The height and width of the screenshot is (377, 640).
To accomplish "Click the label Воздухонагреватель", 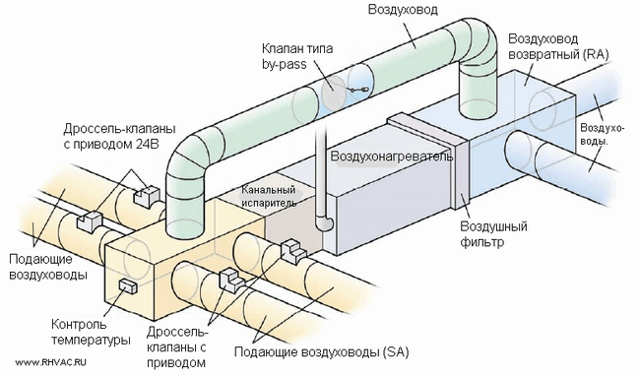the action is click(392, 157).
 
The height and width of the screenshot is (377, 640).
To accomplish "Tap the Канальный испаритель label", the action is click(269, 196).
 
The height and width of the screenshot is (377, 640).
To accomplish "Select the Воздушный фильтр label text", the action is click(493, 234).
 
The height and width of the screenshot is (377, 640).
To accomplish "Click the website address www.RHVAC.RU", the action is click(51, 362).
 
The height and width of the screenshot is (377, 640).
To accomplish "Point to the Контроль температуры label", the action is click(91, 332).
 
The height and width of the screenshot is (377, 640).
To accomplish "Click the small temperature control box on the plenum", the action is click(128, 286).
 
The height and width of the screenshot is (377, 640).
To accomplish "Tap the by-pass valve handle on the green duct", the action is click(358, 90).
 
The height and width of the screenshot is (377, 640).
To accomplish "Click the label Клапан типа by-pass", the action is click(297, 56).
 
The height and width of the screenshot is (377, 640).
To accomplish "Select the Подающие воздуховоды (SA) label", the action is click(322, 351).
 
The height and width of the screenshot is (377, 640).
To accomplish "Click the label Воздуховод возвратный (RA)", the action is click(558, 46).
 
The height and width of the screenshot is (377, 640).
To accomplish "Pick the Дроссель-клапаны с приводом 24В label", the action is click(119, 136).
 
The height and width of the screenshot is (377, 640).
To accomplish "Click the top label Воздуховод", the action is click(403, 10).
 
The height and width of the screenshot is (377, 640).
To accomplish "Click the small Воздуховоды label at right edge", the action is click(603, 135).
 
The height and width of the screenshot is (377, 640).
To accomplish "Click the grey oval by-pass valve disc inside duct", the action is click(334, 94).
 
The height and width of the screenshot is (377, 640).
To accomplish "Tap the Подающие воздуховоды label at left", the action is click(48, 267).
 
